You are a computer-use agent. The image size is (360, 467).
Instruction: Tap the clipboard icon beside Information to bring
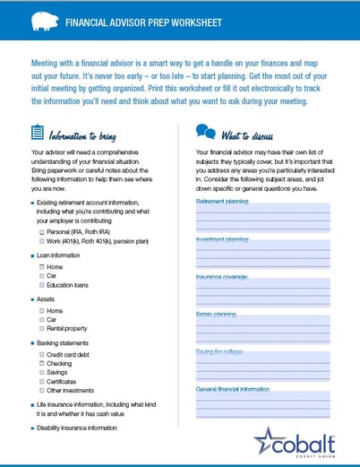pos(36,133)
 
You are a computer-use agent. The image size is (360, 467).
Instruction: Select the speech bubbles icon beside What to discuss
pos(205,133)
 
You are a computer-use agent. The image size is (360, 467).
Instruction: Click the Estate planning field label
pos(216,315)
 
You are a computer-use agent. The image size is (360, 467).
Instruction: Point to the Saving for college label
pos(220,352)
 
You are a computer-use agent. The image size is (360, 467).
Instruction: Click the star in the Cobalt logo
pos(266,442)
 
